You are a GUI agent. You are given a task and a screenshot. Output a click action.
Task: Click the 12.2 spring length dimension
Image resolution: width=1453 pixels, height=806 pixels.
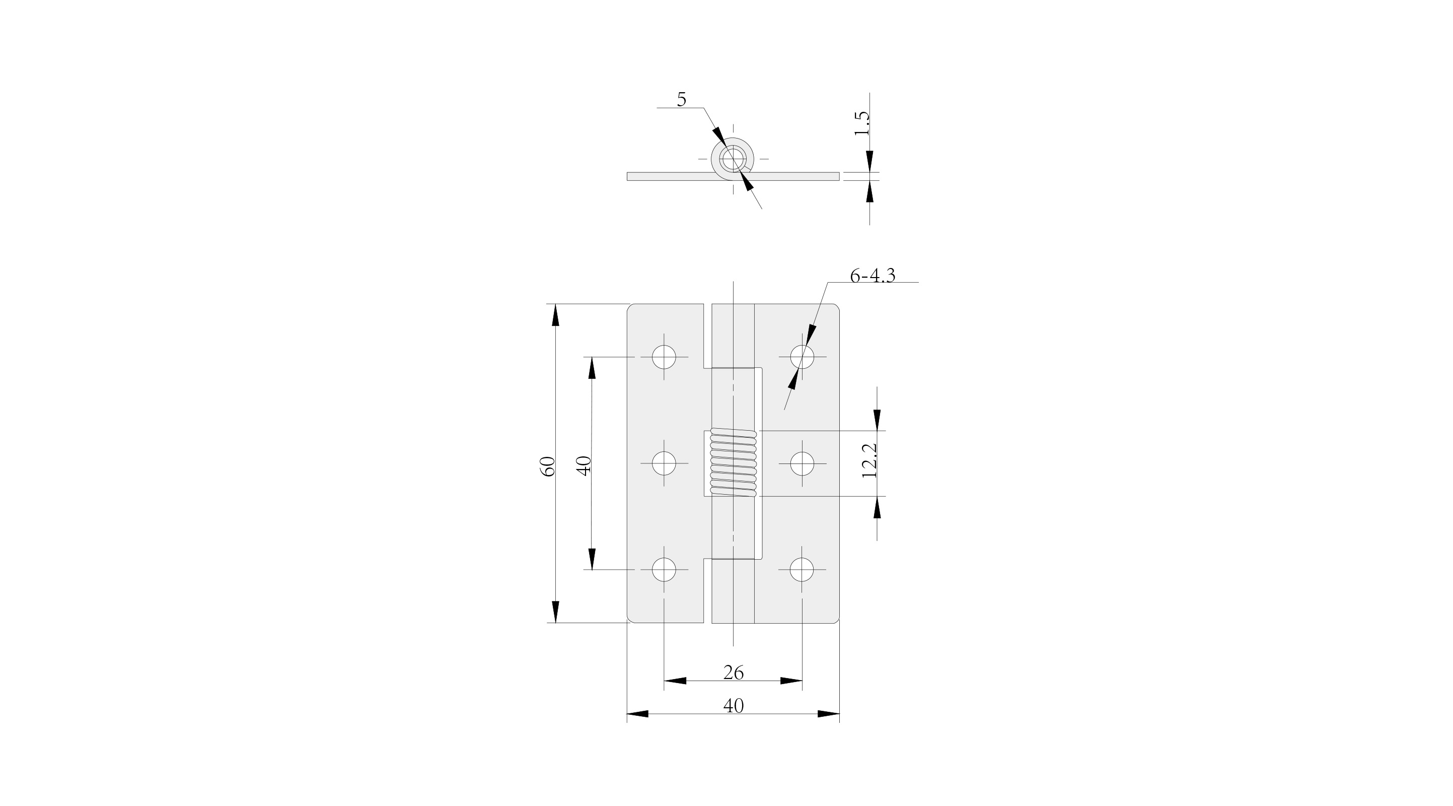(869, 460)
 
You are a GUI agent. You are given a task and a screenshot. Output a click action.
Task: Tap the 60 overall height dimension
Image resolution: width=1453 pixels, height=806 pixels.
(548, 466)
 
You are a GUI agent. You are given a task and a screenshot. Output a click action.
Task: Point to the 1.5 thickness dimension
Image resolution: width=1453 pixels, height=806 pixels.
(862, 123)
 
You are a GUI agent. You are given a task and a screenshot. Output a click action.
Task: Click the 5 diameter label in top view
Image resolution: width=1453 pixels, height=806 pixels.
(681, 99)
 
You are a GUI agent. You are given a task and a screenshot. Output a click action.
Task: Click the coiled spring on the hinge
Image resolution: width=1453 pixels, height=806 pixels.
(733, 463)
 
